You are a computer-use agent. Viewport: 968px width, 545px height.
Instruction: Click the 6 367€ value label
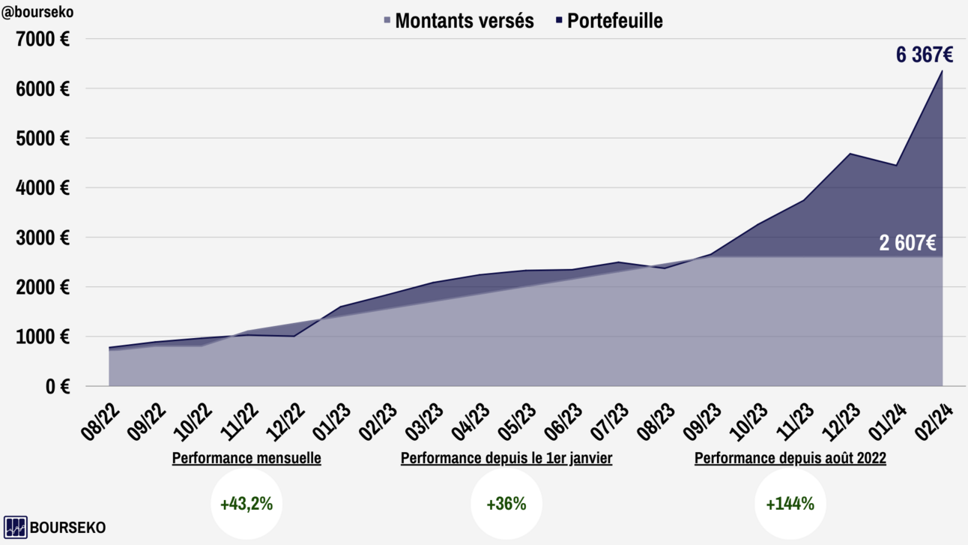pyautogui.click(x=925, y=55)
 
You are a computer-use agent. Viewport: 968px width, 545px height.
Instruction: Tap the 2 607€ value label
pyautogui.click(x=907, y=243)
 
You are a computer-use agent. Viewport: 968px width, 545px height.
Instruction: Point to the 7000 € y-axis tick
pyautogui.click(x=43, y=39)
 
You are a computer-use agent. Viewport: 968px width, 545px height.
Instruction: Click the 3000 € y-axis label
pyautogui.click(x=43, y=238)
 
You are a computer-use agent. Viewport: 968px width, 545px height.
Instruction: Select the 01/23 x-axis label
pyautogui.click(x=331, y=423)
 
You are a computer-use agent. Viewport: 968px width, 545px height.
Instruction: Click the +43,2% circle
pyautogui.click(x=246, y=504)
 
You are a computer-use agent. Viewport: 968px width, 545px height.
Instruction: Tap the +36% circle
pyautogui.click(x=506, y=504)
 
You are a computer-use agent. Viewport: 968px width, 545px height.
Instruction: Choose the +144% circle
pyautogui.click(x=790, y=504)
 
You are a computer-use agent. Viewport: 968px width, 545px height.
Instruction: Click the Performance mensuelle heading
pyautogui.click(x=246, y=459)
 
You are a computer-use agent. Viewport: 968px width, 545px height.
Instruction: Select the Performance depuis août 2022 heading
pyautogui.click(x=790, y=459)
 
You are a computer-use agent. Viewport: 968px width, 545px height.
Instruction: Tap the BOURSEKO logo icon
pyautogui.click(x=16, y=527)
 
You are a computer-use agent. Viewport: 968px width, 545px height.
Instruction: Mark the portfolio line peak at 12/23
pyautogui.click(x=850, y=154)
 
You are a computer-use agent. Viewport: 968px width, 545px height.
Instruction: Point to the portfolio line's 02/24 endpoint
pyautogui.click(x=942, y=70)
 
